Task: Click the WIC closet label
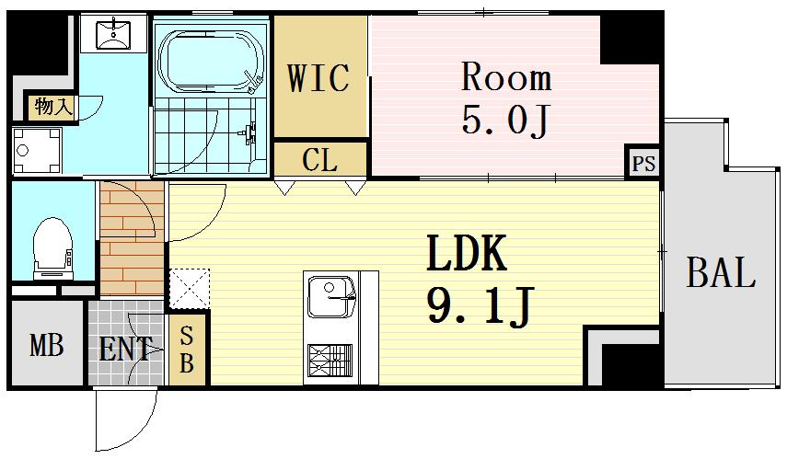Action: coord(318,78)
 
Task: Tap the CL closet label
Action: coord(319,161)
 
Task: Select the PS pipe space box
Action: coord(643,162)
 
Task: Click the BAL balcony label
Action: coord(721,272)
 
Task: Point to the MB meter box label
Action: coord(47,346)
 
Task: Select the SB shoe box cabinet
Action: coord(187,349)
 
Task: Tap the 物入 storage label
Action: coord(52,107)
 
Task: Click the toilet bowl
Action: coord(52,247)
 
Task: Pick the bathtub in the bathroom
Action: coord(211,62)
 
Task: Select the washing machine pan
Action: coord(37,150)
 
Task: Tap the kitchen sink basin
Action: coord(330,297)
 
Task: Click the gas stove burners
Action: coord(330,360)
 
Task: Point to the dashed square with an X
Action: coord(190,288)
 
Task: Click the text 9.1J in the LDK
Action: coord(480,305)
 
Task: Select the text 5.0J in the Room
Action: coord(506,120)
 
